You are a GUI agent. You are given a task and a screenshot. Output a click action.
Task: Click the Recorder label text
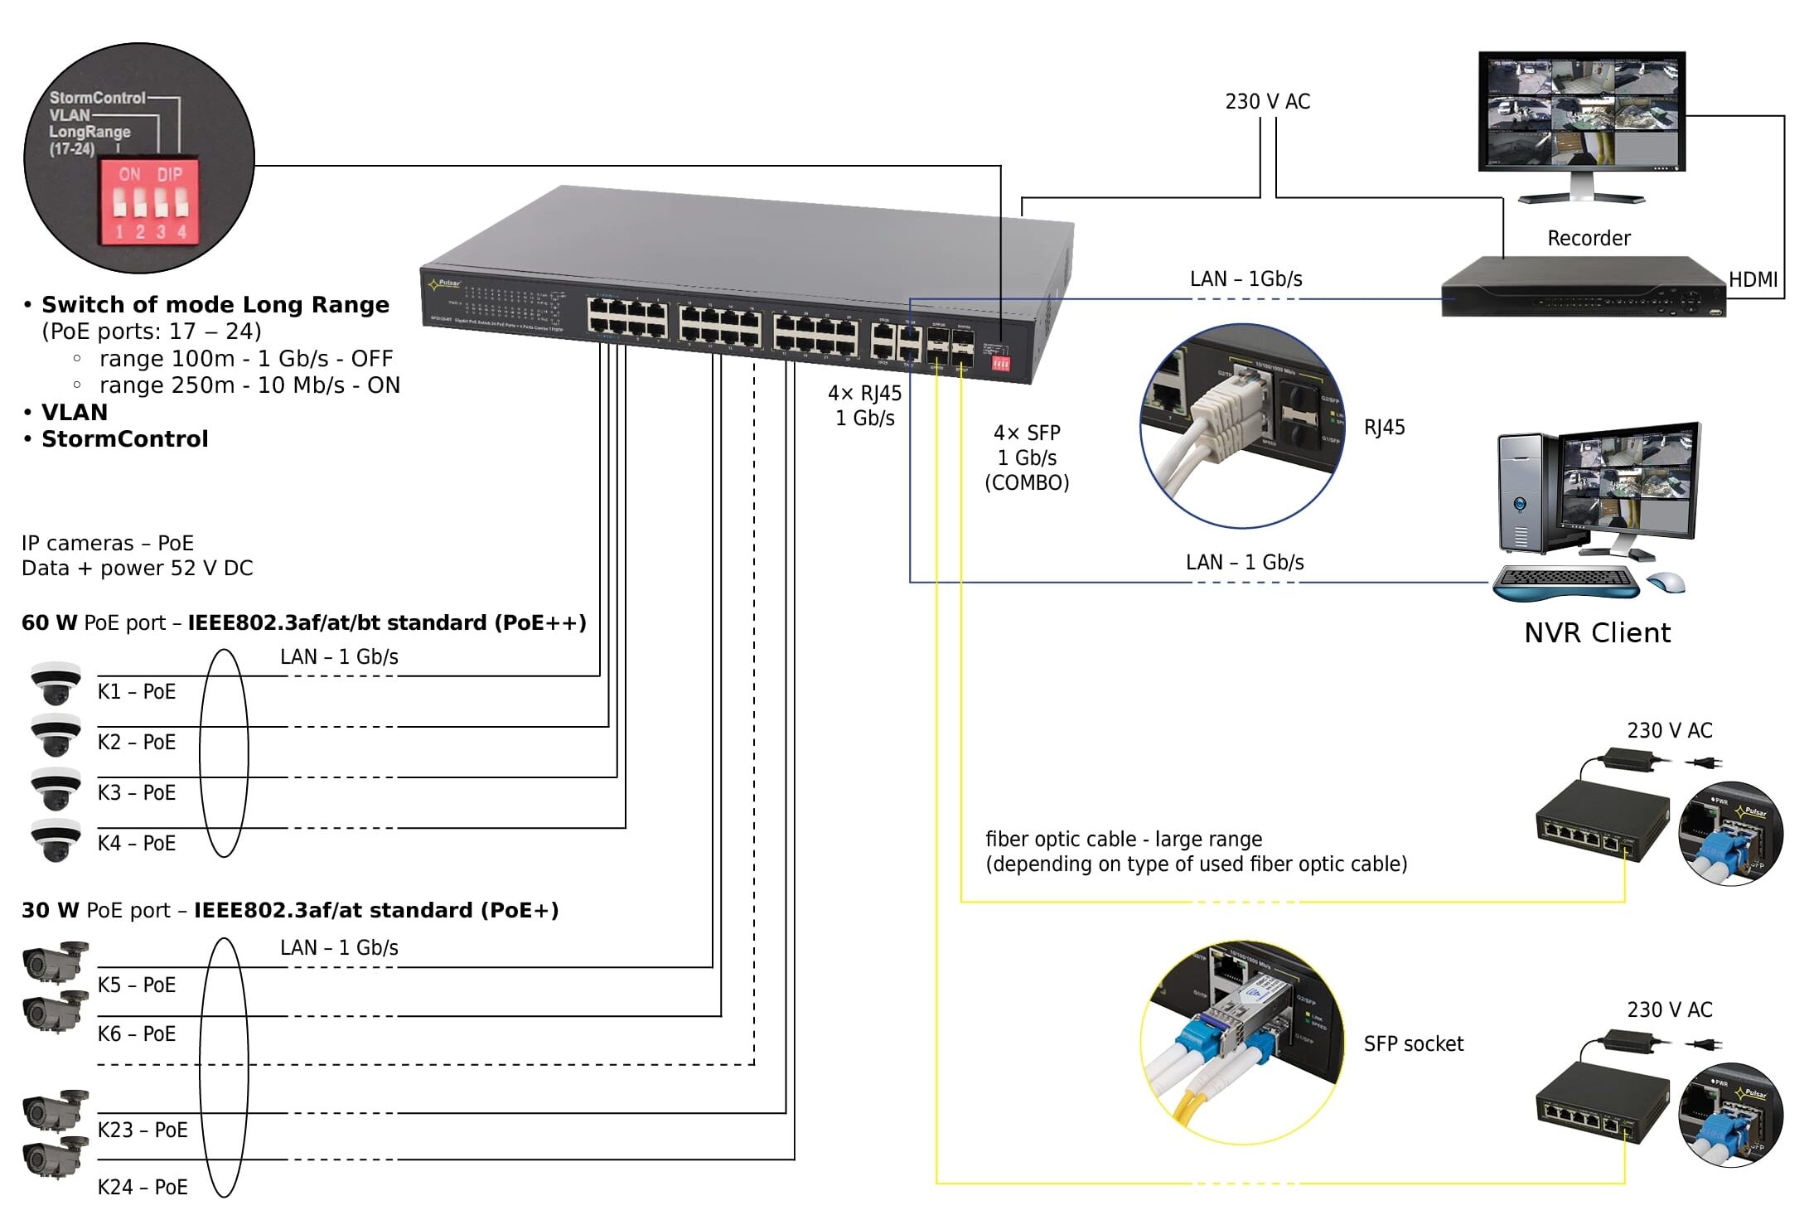pos(1588,239)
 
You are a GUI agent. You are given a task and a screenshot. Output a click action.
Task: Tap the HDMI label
pos(1753,280)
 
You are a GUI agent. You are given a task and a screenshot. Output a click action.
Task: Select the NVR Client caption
pos(1597,633)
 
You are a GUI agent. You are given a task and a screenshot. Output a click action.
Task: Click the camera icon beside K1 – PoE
pos(56,683)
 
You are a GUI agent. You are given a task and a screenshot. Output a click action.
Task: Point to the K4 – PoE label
pos(137,844)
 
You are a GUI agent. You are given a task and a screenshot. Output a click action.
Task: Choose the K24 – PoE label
pos(143,1188)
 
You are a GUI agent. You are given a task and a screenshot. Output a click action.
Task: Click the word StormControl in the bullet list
pos(125,439)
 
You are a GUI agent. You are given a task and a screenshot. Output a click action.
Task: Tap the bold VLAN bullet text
pos(75,413)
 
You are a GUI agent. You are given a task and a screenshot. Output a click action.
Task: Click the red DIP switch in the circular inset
pos(149,202)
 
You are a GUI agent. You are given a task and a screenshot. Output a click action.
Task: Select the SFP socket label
pos(1413,1044)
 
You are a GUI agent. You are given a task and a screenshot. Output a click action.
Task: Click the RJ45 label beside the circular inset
pos(1384,428)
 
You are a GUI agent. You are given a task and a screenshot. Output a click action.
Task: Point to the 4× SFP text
pos(1027,433)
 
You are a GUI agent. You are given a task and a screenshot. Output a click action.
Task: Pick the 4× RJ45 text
pos(864,394)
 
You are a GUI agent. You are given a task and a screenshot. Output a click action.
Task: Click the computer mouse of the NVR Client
pos(1666,582)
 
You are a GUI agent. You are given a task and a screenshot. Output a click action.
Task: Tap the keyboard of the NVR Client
pos(1565,583)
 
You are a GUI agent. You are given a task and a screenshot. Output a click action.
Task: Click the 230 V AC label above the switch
pos(1267,102)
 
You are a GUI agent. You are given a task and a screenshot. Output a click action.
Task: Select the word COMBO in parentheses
pos(1027,483)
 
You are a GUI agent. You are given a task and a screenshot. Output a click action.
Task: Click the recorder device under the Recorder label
pos(1583,288)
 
